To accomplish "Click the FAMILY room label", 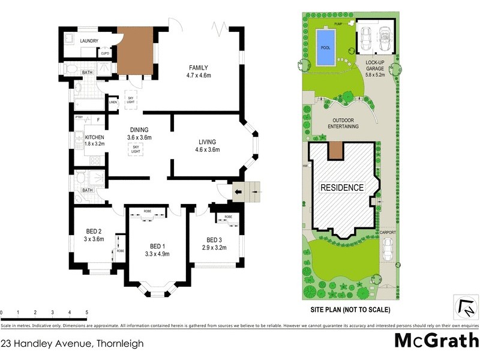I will coord(199,67).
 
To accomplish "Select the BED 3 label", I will coord(214,239).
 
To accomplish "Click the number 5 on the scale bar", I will coord(87,313).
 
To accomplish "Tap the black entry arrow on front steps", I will coord(239,192).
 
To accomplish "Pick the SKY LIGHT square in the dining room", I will coord(137,149).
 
